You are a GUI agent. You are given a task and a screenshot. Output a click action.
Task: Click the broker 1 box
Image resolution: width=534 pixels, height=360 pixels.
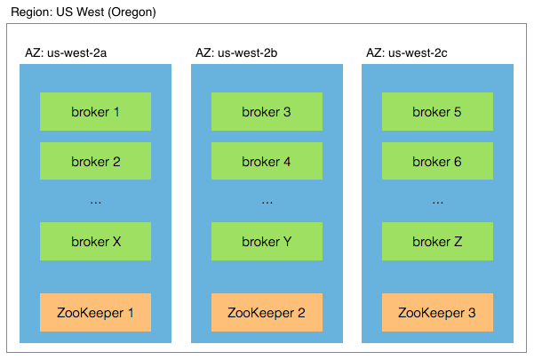click(x=95, y=111)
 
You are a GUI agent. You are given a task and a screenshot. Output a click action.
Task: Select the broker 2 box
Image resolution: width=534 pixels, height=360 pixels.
click(x=95, y=161)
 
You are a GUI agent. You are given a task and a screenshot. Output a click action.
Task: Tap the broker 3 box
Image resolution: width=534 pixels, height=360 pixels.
click(x=267, y=111)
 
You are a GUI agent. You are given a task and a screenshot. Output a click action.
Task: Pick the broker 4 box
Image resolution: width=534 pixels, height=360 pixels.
click(x=267, y=161)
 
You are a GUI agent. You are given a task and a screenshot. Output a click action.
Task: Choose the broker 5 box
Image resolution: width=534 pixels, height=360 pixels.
click(x=437, y=111)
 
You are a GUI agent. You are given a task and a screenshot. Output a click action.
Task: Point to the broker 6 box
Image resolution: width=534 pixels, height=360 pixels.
click(x=437, y=161)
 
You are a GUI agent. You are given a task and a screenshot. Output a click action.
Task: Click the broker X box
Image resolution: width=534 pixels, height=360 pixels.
click(x=95, y=241)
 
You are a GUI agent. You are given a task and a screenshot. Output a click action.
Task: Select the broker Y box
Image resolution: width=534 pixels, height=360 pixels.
click(x=267, y=241)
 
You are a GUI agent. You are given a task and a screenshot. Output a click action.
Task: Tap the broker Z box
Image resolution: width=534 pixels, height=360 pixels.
click(x=437, y=241)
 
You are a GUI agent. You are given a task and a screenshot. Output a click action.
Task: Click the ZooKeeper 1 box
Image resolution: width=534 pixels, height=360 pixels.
click(x=95, y=312)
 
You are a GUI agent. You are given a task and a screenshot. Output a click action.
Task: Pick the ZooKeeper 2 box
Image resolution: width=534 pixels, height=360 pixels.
click(x=267, y=312)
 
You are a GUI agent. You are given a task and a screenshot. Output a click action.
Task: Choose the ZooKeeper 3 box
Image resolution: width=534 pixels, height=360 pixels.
click(x=437, y=312)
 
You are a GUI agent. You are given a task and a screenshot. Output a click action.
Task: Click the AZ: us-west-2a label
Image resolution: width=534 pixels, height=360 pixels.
click(x=66, y=52)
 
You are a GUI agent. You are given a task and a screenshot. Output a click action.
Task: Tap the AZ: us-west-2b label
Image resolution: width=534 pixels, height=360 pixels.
click(x=236, y=52)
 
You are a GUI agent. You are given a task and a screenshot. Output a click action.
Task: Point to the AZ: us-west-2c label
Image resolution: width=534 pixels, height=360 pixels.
click(x=407, y=52)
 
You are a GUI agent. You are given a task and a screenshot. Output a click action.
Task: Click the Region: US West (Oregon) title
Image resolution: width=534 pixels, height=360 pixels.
click(x=84, y=12)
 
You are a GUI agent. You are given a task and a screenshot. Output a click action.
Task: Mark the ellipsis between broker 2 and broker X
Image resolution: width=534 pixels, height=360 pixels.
click(x=96, y=203)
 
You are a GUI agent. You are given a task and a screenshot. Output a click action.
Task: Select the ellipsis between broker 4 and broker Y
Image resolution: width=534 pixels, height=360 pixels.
click(x=267, y=203)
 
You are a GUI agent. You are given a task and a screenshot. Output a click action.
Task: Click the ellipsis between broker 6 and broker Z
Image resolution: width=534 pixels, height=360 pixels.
click(x=438, y=203)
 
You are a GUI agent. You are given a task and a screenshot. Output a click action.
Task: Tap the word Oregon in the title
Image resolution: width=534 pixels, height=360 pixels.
click(x=132, y=12)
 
